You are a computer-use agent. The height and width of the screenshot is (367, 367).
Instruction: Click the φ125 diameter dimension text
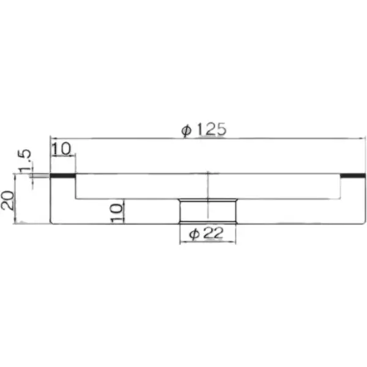point(204,129)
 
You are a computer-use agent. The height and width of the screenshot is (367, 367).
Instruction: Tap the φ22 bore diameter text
point(206,234)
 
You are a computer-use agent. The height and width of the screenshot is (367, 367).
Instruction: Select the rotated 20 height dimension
point(7,200)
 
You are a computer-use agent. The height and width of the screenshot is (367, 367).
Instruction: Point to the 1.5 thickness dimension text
point(25,161)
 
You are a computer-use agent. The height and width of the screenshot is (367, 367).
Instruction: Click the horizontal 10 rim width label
point(61,149)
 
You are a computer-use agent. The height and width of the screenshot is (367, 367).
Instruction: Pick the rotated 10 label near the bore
point(117,213)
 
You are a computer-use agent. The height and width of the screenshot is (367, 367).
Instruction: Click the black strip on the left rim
point(63,176)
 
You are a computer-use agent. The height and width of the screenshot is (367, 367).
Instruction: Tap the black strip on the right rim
point(353,176)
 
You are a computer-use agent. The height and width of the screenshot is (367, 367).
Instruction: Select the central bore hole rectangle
point(208,211)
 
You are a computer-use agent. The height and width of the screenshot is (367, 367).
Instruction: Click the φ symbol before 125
point(187,131)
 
